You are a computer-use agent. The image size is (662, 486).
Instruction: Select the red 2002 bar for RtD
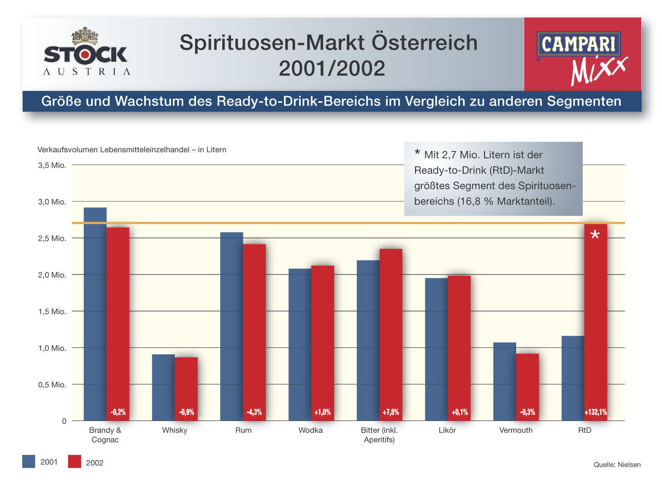click(595, 319)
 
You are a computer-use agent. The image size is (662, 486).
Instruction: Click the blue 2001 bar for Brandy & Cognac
click(95, 311)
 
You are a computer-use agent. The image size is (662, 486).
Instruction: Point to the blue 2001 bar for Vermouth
click(504, 379)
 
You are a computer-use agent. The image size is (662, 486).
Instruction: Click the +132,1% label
click(595, 412)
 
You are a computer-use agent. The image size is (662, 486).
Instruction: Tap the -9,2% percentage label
click(118, 412)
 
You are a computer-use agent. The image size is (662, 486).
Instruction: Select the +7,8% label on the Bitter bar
click(391, 412)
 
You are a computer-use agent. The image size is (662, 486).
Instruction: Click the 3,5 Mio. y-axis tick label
click(52, 165)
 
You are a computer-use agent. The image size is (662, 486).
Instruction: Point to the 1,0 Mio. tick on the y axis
click(52, 348)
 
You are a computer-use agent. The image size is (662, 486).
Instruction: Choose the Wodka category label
click(311, 430)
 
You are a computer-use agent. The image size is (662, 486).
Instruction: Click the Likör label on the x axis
click(447, 430)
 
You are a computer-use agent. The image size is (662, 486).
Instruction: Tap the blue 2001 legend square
click(29, 461)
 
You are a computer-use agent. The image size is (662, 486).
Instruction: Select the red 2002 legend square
click(74, 461)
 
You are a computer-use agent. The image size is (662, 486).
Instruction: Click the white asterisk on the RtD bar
click(595, 235)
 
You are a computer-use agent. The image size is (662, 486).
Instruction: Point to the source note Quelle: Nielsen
click(617, 464)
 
